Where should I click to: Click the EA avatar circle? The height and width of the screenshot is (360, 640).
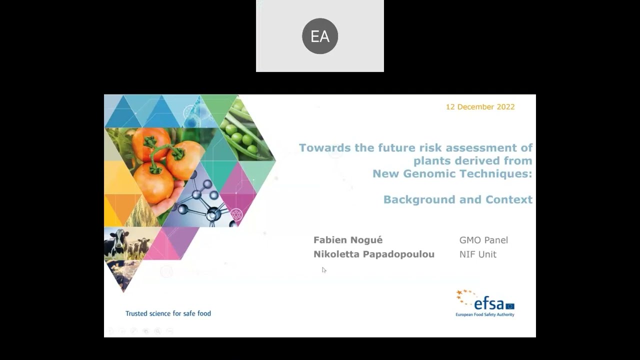[320, 36]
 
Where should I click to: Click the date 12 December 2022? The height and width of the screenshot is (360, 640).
[480, 107]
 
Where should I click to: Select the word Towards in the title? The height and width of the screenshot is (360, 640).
[322, 148]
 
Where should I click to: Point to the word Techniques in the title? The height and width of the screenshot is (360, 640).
[500, 174]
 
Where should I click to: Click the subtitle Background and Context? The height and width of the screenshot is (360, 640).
[457, 200]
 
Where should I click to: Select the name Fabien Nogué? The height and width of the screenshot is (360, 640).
[348, 240]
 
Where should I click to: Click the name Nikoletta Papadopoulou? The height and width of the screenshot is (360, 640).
[373, 254]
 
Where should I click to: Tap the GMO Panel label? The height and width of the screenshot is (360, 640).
[483, 240]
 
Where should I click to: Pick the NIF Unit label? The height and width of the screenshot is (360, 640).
[477, 254]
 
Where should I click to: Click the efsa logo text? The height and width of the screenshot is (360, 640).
[488, 303]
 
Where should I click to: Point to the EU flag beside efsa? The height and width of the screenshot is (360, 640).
[509, 306]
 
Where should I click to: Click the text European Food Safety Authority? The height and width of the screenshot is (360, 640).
[484, 315]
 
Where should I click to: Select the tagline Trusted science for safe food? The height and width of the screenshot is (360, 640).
[168, 313]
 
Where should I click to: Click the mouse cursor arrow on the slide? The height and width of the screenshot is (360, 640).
[323, 270]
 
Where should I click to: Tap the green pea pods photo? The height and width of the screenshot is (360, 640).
[242, 130]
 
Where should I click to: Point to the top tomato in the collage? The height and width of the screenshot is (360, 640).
[150, 142]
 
